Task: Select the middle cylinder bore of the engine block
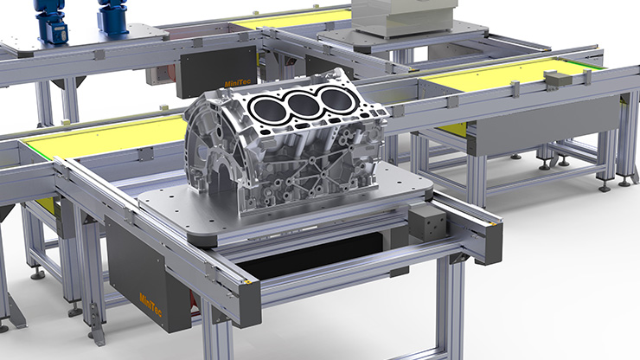(x=303, y=103)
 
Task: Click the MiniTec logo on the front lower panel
(x=150, y=305)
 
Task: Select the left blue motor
(x=51, y=21)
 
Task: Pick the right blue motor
(x=113, y=17)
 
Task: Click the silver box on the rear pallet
(x=403, y=17)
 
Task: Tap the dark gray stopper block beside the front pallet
(x=428, y=223)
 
